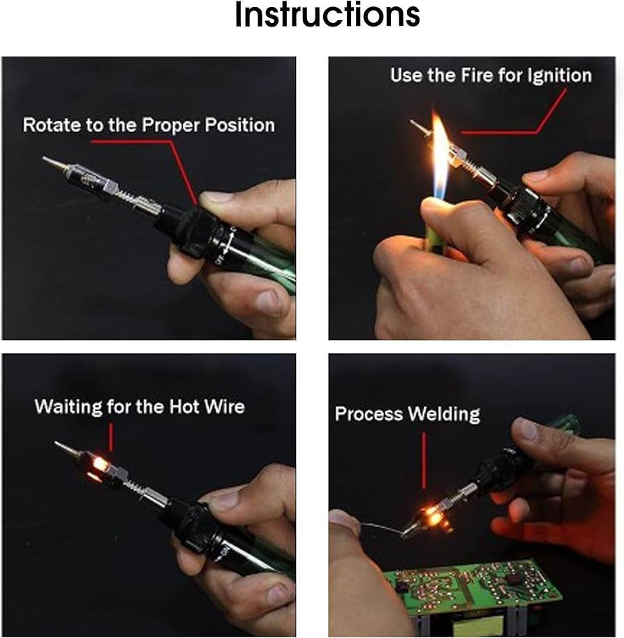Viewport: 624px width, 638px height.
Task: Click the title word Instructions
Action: click(x=327, y=15)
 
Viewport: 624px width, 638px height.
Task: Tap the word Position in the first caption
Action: click(x=239, y=125)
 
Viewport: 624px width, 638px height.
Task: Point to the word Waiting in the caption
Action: click(x=68, y=407)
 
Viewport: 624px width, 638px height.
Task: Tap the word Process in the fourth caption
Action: click(x=369, y=414)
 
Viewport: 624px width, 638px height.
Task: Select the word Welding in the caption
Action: click(x=444, y=415)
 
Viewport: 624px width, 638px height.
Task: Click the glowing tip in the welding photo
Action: click(x=433, y=517)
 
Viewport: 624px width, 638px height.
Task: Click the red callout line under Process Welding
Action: click(x=424, y=461)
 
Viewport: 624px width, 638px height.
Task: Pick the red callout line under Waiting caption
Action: click(x=111, y=437)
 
